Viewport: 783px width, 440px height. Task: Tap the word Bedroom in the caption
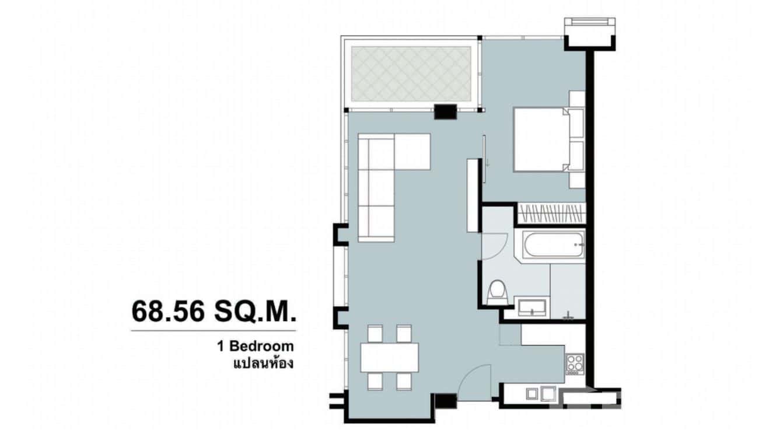pos(261,346)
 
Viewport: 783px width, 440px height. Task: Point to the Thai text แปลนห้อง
pos(263,363)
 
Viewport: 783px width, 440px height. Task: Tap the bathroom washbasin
pos(531,306)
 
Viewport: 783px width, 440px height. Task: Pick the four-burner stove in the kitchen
pos(574,364)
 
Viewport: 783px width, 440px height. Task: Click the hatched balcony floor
pos(411,74)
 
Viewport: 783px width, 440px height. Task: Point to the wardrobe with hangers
pos(551,213)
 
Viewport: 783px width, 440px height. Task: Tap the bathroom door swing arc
pos(494,245)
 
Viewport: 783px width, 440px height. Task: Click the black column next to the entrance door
pos(446,401)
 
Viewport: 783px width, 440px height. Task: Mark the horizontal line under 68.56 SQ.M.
pos(213,331)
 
